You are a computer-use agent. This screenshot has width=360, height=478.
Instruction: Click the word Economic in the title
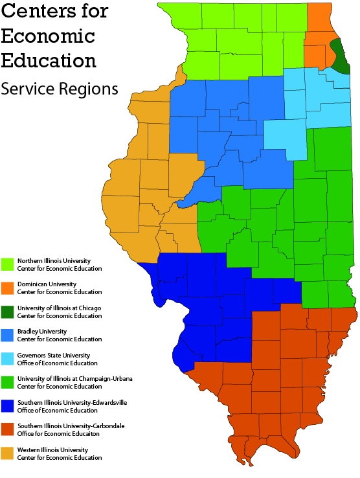[48, 36]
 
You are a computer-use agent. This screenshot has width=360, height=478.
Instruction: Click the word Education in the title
[49, 61]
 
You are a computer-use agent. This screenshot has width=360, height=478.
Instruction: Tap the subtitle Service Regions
[60, 89]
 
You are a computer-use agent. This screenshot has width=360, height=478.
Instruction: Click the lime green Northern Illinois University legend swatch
[8, 264]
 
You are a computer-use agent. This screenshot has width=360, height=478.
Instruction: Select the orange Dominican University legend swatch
[8, 288]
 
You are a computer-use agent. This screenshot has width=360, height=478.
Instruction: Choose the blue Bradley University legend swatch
[8, 335]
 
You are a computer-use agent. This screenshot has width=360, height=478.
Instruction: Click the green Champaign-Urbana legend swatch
[8, 382]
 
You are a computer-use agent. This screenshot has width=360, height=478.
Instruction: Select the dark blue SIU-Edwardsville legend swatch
[8, 406]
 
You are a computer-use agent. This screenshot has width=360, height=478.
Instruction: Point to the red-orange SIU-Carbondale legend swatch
[8, 429]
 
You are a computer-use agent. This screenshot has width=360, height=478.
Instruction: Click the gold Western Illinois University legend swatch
[8, 453]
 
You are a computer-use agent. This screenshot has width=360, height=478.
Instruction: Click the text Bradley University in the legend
[44, 332]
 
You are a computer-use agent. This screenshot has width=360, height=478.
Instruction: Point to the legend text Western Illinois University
[52, 450]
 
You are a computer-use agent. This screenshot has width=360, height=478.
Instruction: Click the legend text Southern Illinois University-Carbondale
[71, 426]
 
